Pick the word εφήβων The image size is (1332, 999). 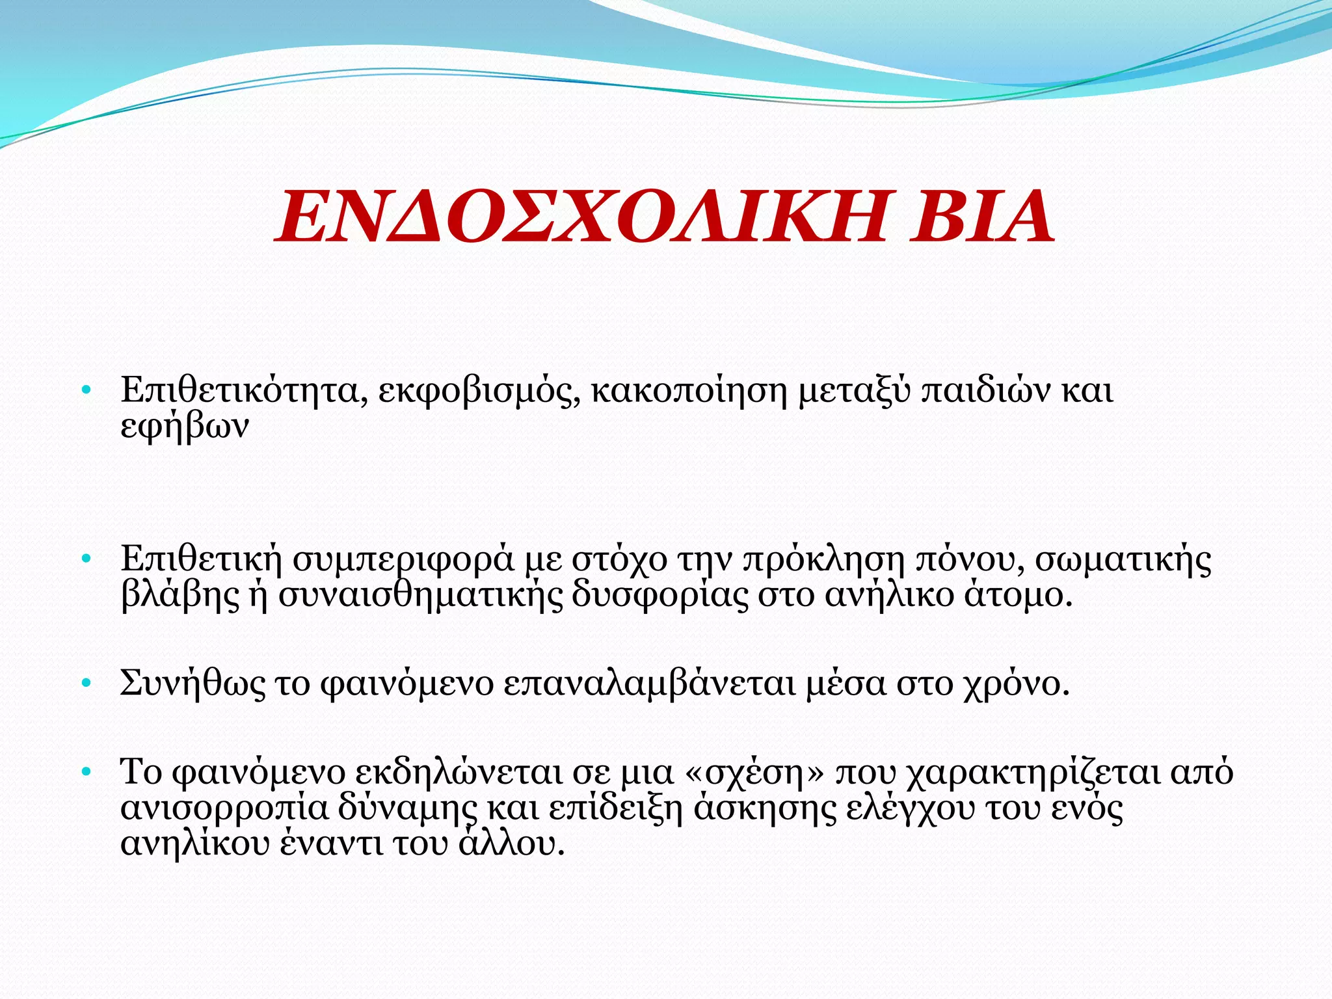point(185,428)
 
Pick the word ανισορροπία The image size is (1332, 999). point(224,809)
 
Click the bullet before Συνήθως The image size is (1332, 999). point(85,684)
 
